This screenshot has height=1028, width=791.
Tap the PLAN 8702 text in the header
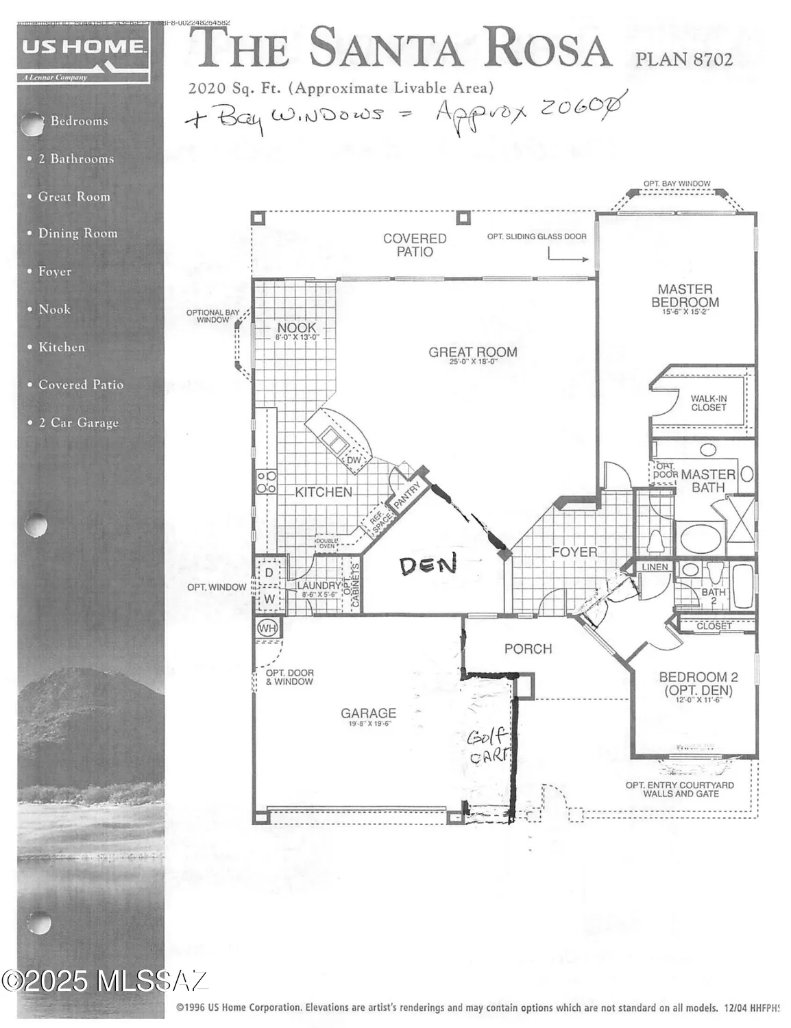tap(683, 60)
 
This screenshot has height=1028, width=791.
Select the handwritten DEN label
tap(428, 565)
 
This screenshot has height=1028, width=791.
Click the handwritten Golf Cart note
tap(488, 746)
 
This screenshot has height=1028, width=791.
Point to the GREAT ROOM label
tap(472, 352)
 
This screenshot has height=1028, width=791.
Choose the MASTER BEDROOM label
tap(685, 296)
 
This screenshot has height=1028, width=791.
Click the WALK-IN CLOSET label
tap(708, 403)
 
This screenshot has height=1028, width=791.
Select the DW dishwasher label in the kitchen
tap(353, 461)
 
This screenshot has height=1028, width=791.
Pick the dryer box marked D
tap(269, 572)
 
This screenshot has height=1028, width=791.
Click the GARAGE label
tap(368, 713)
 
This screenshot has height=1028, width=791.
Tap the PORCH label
tap(528, 648)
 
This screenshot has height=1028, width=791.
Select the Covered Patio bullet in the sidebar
tap(80, 385)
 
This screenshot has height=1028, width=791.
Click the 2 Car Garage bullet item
tap(78, 423)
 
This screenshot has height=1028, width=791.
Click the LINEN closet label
tap(655, 567)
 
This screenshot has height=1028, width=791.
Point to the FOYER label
tap(574, 552)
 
